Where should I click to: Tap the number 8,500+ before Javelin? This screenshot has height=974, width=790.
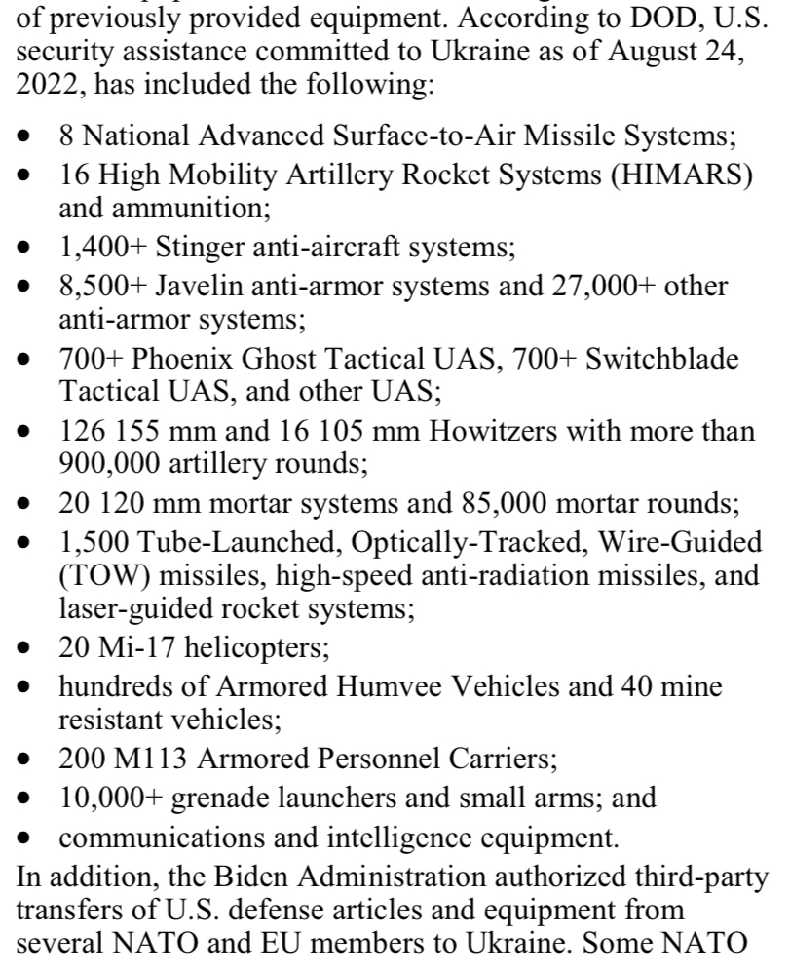coord(100,289)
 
